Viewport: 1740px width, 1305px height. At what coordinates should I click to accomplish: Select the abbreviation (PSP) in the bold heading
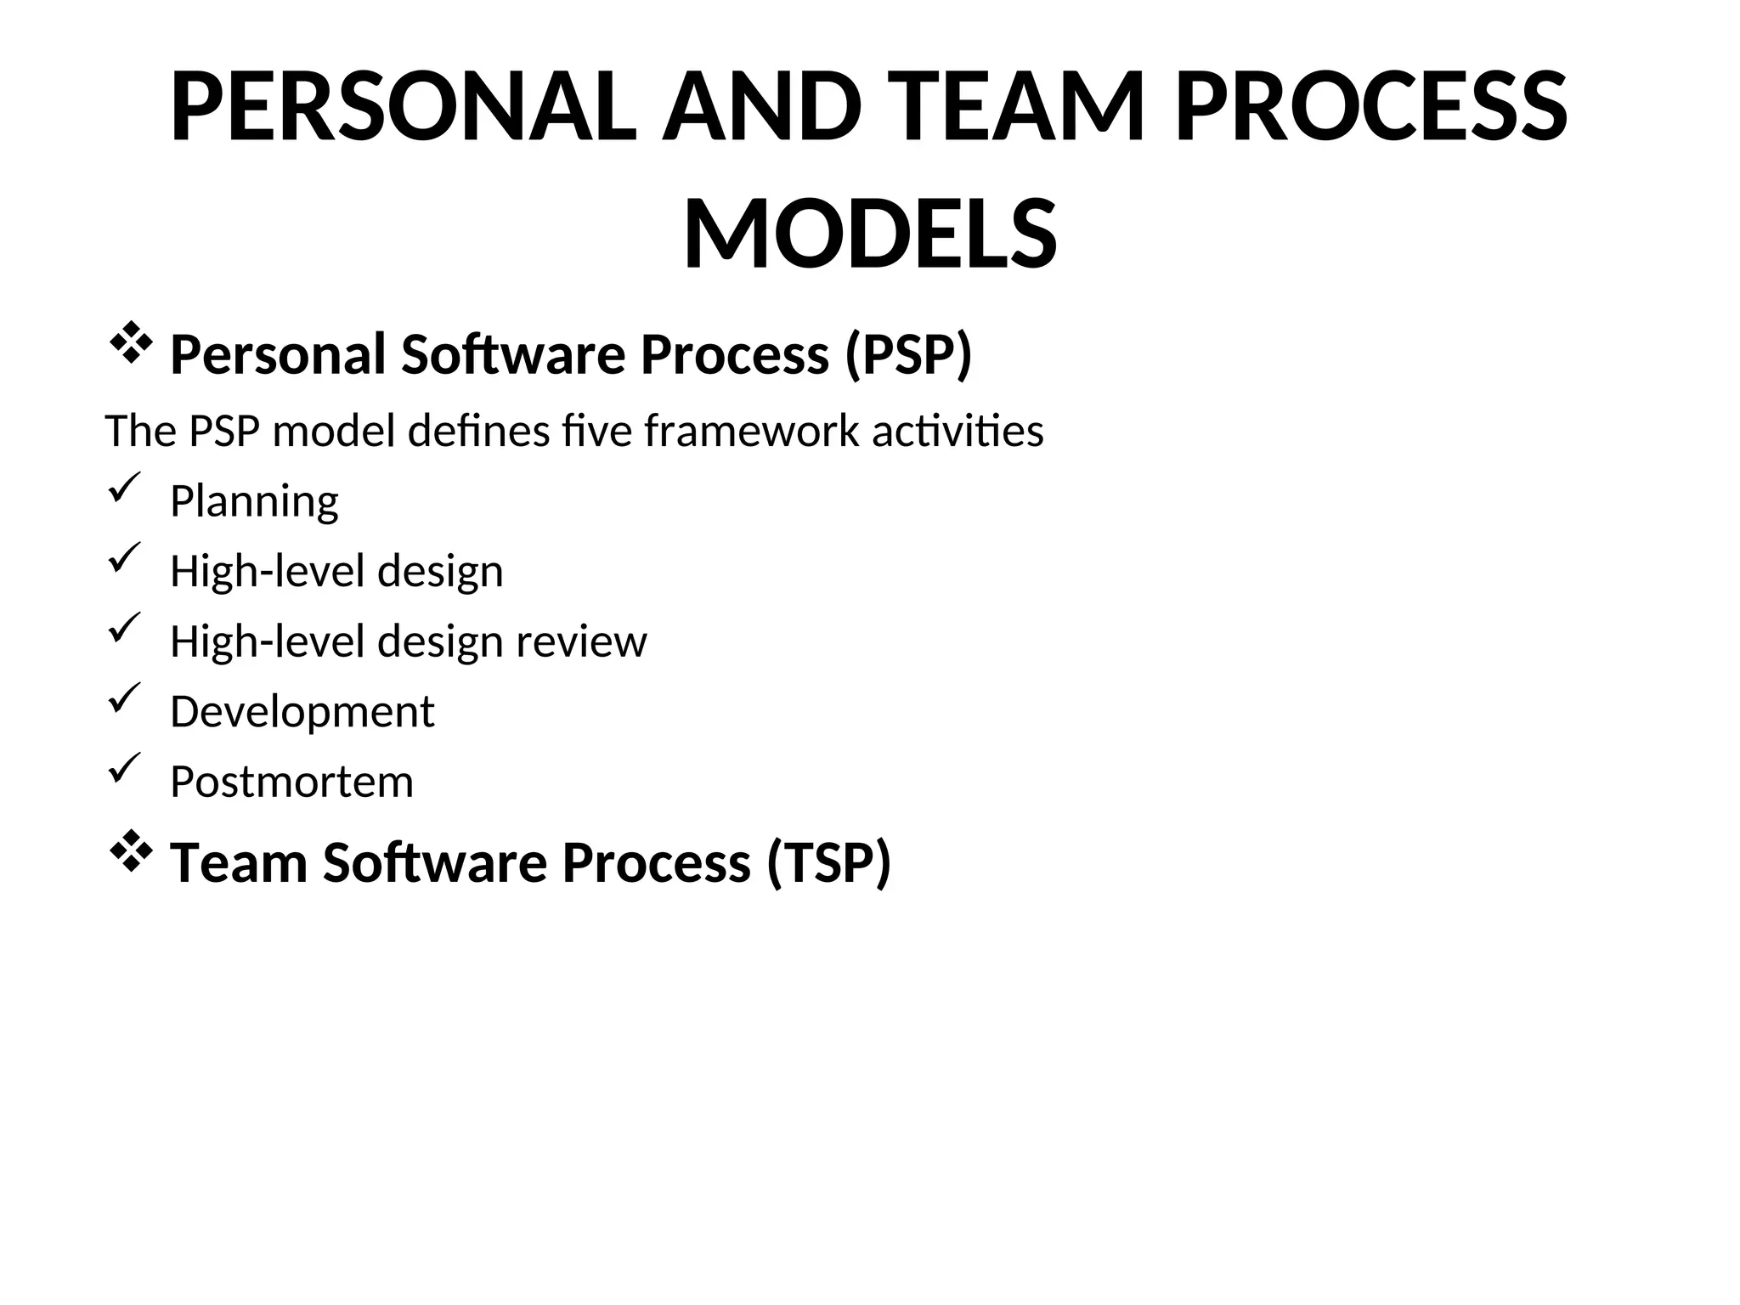point(908,354)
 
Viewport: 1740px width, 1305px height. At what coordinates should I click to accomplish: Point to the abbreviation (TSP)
point(828,862)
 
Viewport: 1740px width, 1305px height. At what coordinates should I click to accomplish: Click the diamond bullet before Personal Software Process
point(130,345)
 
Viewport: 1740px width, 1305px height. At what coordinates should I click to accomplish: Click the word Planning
point(254,501)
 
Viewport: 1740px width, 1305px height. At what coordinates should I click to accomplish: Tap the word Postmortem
point(291,782)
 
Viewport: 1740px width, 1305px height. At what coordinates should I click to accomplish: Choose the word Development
point(302,711)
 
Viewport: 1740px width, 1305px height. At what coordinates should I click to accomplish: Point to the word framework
point(751,432)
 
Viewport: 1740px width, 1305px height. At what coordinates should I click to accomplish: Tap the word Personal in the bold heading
point(278,354)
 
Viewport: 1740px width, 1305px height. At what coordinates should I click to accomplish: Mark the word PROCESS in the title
point(1371,108)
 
